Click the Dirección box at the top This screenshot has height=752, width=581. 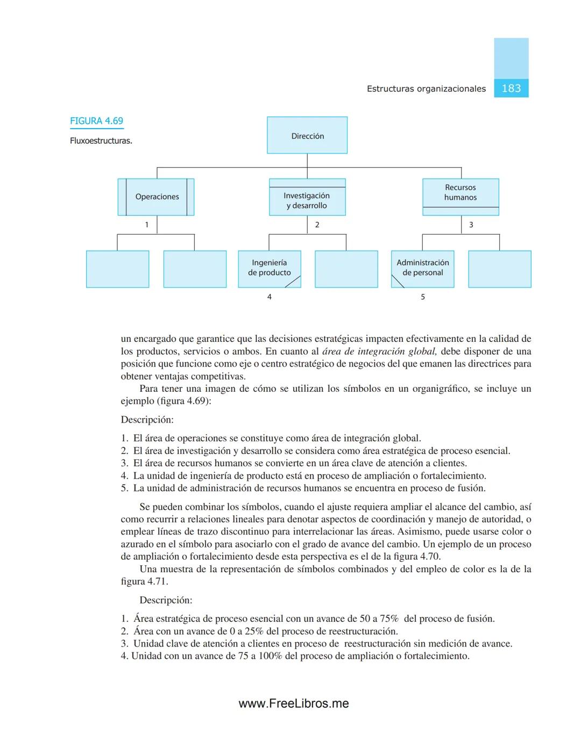[307, 136]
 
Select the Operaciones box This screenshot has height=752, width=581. [157, 197]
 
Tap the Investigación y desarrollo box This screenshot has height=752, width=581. [307, 200]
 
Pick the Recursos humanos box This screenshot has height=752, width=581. [460, 193]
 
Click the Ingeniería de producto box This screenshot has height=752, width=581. [269, 268]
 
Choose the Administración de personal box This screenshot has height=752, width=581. [422, 268]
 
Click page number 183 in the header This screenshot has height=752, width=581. [511, 88]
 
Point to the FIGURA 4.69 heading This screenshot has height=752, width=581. [97, 121]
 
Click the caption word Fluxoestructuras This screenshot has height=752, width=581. [101, 141]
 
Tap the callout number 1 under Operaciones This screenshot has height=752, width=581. [146, 225]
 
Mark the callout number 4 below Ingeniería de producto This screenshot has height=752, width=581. [270, 297]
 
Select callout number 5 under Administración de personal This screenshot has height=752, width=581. [423, 297]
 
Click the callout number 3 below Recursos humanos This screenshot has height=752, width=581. [471, 225]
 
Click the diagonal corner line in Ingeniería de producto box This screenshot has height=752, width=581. [293, 282]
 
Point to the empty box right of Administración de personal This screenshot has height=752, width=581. [500, 269]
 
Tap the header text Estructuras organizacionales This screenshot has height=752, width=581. [426, 89]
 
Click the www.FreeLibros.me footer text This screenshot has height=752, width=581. [294, 704]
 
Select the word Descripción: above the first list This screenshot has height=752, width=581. [147, 420]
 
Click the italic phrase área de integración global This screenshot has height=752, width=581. [379, 352]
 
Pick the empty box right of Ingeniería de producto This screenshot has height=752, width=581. [346, 269]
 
